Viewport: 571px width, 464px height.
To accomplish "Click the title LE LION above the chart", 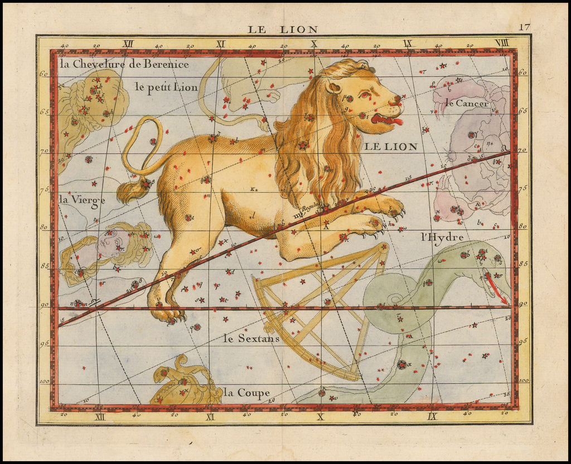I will click(283, 30).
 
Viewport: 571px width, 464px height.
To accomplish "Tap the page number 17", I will click(524, 27).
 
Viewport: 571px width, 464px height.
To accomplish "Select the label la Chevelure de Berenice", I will click(124, 64).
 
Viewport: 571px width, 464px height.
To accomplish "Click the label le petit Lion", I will click(166, 87).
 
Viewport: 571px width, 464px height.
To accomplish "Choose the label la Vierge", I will click(81, 200).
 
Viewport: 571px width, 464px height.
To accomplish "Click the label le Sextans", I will click(251, 338).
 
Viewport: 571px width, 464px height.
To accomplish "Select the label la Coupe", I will click(246, 393).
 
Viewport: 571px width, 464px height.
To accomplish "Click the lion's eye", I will click(365, 94).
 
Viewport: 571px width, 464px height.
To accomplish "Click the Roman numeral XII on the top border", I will click(128, 44).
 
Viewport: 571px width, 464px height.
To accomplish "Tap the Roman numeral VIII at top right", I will click(501, 43).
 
